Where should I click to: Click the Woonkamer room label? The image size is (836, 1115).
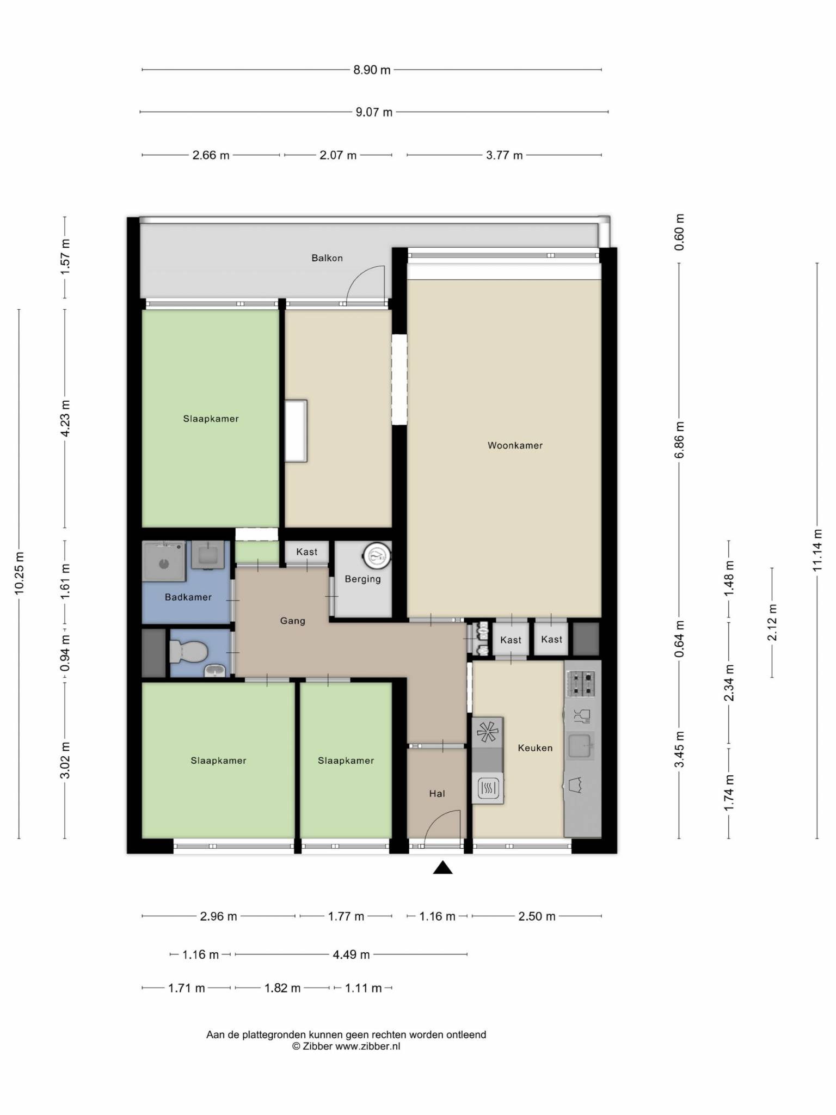(x=515, y=445)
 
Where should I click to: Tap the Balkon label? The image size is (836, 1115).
(x=327, y=258)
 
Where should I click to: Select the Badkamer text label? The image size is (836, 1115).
(x=188, y=597)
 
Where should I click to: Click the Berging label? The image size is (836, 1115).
(x=362, y=579)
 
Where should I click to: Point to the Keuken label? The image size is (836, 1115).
(x=535, y=748)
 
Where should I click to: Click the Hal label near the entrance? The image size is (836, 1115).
(x=437, y=794)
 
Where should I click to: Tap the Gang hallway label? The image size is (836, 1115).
(x=292, y=621)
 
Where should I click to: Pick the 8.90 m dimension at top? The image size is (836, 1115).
(x=372, y=70)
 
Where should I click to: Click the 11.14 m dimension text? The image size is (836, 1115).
(x=817, y=550)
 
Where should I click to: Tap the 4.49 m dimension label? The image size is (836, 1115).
(x=351, y=954)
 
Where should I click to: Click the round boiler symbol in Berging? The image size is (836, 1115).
(x=377, y=555)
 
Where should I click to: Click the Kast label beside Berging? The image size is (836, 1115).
(x=306, y=552)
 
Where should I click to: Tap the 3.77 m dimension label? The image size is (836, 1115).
(x=504, y=155)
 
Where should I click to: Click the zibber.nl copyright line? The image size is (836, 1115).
(x=346, y=1046)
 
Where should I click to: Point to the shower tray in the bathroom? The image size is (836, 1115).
(x=164, y=561)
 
